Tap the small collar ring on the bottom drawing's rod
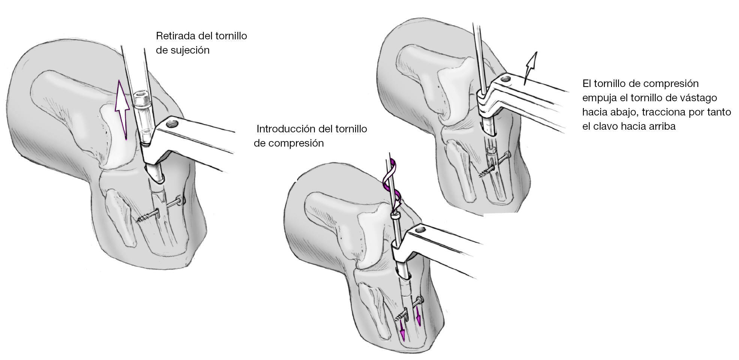click(395, 217)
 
